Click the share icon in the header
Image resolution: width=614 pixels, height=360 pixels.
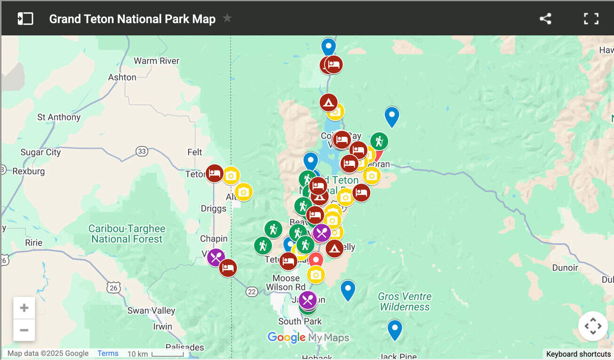pyautogui.click(x=545, y=19)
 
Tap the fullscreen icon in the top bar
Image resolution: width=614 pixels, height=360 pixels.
pyautogui.click(x=591, y=19)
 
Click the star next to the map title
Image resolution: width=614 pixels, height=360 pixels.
pyautogui.click(x=227, y=18)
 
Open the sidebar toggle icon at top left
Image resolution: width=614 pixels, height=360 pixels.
pyautogui.click(x=25, y=19)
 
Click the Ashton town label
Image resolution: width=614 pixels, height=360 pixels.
pyautogui.click(x=122, y=77)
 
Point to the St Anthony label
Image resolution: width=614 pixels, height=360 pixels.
pyautogui.click(x=59, y=117)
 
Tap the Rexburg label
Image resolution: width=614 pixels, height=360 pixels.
pyautogui.click(x=28, y=171)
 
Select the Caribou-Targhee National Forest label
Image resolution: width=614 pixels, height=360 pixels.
pyautogui.click(x=127, y=234)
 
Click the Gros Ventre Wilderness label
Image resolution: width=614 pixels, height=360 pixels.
pyautogui.click(x=405, y=302)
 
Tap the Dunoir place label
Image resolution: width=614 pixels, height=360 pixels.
pyautogui.click(x=565, y=268)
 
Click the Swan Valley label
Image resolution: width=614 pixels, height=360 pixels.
pyautogui.click(x=151, y=311)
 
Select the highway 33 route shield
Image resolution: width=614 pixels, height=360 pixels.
pyautogui.click(x=142, y=151)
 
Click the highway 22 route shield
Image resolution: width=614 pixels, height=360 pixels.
pyautogui.click(x=252, y=292)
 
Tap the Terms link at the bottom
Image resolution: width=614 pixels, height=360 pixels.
pyautogui.click(x=108, y=353)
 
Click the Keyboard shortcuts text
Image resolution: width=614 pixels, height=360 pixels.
pyautogui.click(x=578, y=354)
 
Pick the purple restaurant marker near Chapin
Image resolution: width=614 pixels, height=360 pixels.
pyautogui.click(x=216, y=257)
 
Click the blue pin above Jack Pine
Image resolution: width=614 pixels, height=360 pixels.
pyautogui.click(x=395, y=329)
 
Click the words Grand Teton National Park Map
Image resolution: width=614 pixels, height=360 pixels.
pyautogui.click(x=132, y=19)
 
